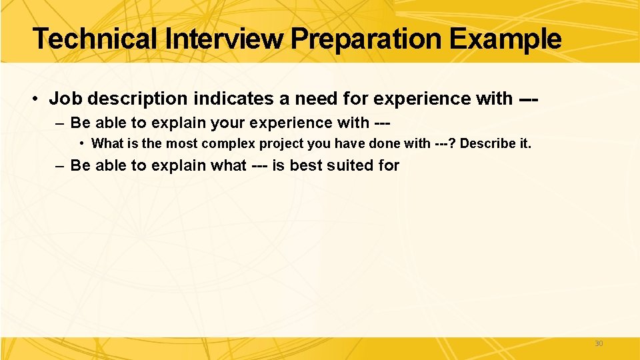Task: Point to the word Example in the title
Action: point(505,39)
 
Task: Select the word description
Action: point(137,99)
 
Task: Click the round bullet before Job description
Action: point(34,99)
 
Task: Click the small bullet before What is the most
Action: point(81,143)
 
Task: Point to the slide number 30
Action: point(598,343)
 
